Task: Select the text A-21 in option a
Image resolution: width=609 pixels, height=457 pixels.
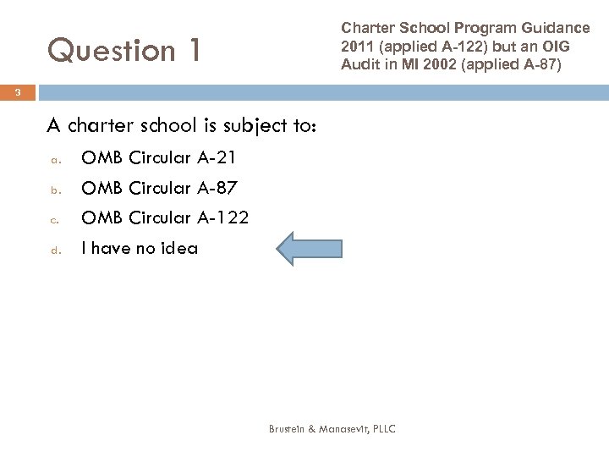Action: (217, 157)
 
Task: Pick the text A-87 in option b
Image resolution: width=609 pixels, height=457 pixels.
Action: (217, 188)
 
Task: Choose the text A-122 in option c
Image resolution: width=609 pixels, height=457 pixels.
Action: (222, 217)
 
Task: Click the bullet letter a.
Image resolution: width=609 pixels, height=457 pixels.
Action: (52, 159)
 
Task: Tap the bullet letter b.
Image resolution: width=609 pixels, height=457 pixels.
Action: (52, 189)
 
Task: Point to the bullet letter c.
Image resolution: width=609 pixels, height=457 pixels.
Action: (52, 219)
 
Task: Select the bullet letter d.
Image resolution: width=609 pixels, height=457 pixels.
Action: (52, 250)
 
